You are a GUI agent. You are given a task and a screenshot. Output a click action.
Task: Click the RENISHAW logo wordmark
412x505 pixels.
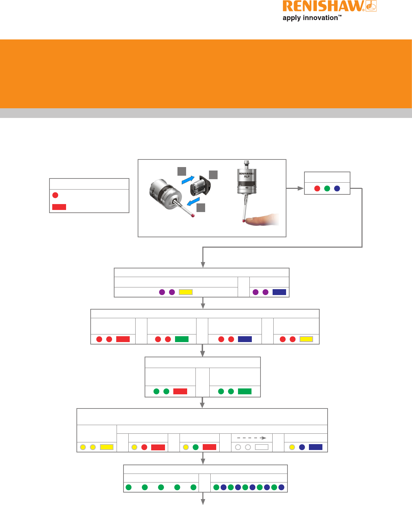tap(323, 7)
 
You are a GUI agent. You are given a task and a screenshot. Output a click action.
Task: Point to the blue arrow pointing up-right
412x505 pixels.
tap(188, 181)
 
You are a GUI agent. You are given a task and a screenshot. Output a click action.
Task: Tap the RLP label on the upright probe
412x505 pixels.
tap(247, 176)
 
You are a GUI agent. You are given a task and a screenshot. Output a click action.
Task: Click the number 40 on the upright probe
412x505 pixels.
tap(247, 188)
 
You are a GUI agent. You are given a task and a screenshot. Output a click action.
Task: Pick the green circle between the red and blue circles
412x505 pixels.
tap(327, 189)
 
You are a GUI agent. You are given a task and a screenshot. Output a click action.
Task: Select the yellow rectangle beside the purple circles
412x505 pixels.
tap(186, 292)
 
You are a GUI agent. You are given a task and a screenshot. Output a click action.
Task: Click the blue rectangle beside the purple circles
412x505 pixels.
tap(279, 292)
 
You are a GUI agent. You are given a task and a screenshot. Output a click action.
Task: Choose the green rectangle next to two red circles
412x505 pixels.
tap(182, 339)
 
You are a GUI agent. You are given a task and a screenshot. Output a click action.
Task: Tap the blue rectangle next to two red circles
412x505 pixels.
tap(245, 339)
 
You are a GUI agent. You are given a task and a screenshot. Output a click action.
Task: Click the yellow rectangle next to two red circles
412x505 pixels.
tap(306, 339)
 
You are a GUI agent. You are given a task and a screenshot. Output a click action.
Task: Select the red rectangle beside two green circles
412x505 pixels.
tap(180, 391)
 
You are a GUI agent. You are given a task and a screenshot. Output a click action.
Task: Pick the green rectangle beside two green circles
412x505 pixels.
tap(245, 391)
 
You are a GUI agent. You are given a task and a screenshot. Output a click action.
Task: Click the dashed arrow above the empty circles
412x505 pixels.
tap(251, 438)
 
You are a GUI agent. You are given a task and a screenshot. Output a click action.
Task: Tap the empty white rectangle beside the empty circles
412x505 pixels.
tap(262, 447)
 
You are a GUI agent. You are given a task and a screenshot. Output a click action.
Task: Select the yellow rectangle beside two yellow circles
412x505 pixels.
tap(107, 447)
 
